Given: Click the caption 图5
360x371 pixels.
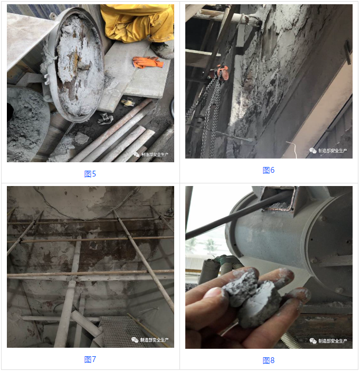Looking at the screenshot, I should point(90,173).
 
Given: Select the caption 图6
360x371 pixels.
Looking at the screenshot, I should point(269,170).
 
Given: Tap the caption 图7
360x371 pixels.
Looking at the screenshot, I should point(90,359).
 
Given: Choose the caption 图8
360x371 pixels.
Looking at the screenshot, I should point(269,360).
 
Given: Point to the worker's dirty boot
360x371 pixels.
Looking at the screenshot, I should point(162,50).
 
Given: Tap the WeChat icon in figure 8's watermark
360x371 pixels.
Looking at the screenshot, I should point(313,341).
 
